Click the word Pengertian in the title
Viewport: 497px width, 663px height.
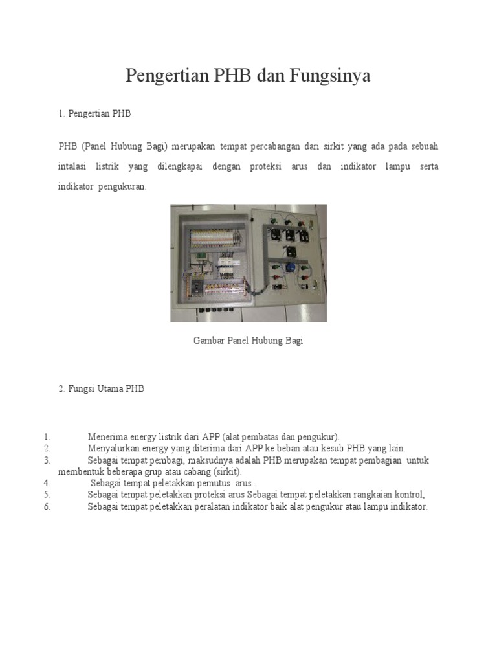coord(164,77)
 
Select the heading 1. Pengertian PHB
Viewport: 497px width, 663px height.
coord(94,113)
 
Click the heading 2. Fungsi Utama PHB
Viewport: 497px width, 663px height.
coord(101,389)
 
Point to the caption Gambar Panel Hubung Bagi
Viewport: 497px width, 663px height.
coord(248,341)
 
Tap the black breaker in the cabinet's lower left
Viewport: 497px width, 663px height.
coord(195,284)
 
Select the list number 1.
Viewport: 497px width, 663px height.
coord(47,437)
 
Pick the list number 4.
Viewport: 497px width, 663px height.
coord(47,483)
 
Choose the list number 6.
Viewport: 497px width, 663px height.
coord(47,507)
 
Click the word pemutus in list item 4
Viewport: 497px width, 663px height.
coord(216,484)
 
